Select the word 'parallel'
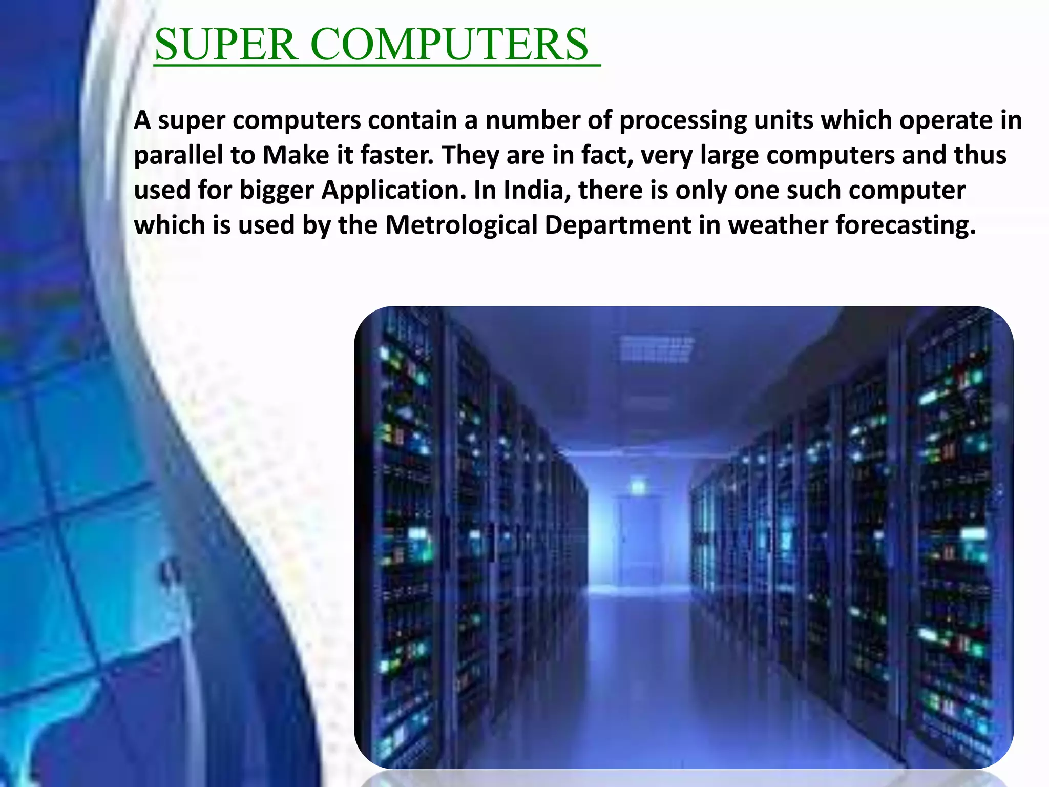tap(178, 155)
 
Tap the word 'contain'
tap(412, 120)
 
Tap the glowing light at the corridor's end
tap(638, 486)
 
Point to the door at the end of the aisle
tap(640, 543)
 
